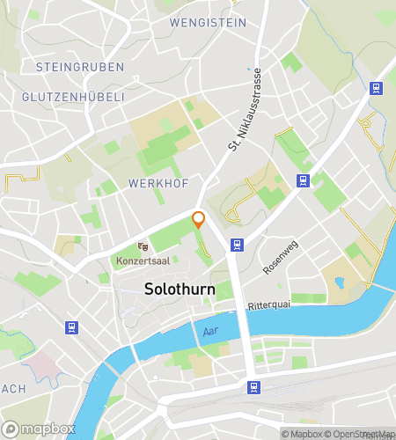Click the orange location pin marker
199,220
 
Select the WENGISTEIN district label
208,23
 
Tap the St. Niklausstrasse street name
246,111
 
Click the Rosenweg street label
282,256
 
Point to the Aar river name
209,330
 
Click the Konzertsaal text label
142,261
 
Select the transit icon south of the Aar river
253,386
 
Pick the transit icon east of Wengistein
376,88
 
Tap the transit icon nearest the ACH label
71,327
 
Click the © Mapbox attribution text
303,433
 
